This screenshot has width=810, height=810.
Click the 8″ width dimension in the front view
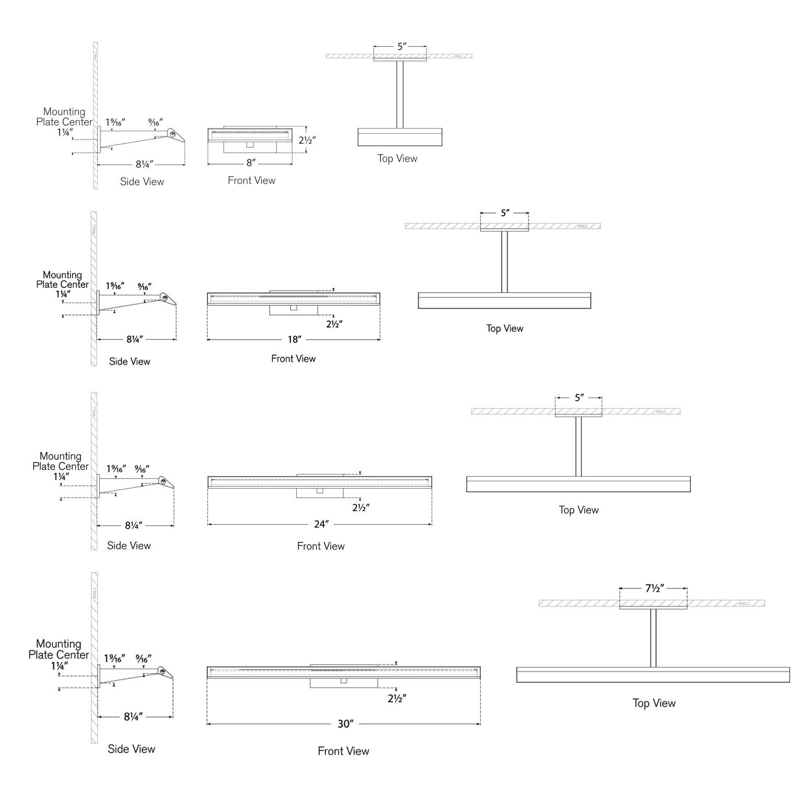251,163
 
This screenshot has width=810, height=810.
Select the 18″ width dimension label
294,340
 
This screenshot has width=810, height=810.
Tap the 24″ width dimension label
321,524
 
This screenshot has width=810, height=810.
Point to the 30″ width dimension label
345,724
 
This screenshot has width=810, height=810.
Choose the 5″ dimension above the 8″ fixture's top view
401,47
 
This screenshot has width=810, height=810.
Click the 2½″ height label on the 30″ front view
397,699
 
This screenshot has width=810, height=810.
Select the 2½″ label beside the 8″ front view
307,140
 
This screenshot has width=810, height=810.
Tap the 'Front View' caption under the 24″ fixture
321,546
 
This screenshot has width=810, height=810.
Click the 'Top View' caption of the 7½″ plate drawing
654,703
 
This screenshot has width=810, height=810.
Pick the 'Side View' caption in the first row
142,182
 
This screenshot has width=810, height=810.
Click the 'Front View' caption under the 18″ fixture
293,359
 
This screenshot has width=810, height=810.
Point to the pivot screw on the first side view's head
172,134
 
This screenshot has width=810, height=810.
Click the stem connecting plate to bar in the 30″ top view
653,638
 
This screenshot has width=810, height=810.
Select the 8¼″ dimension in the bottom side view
133,717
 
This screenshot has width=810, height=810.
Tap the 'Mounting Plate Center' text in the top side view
64,117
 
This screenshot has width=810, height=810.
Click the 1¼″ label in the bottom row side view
60,666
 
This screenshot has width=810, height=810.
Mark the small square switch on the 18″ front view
293,308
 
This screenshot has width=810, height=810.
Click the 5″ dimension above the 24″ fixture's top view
579,398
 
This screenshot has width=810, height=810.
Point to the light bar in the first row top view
400,137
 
